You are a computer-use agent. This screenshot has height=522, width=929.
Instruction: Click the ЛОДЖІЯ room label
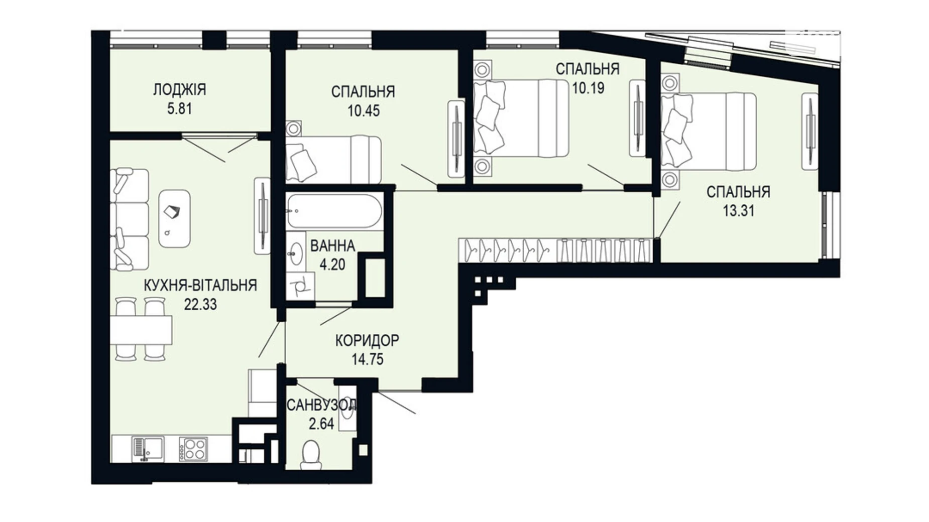pos(179,90)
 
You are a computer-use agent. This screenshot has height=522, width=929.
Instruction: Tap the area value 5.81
pos(180,108)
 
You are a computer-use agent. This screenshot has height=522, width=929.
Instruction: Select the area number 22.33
pos(200,304)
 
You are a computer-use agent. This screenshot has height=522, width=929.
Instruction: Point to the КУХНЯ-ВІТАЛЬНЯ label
pos(200,286)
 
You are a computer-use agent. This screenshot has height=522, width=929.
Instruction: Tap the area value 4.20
pos(332,265)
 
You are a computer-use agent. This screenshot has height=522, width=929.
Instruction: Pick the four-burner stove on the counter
pos(193,449)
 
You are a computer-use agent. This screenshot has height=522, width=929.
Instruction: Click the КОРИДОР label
pos(367,341)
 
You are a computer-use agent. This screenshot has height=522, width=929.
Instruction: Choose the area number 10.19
pos(588,88)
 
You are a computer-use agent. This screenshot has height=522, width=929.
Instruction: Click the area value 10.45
pos(364,110)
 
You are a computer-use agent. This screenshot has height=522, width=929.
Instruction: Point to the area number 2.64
pos(321,424)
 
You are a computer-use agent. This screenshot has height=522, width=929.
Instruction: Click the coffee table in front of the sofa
pos(174,218)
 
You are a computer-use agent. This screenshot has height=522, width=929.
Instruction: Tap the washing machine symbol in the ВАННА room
pos(301,287)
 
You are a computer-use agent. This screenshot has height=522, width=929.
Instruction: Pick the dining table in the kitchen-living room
pos(141,330)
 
